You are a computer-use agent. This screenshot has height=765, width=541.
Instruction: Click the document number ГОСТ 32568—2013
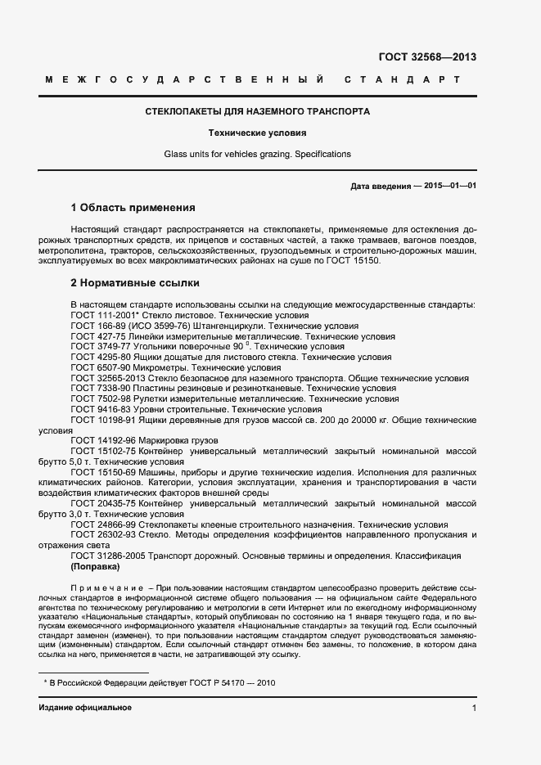coord(426,57)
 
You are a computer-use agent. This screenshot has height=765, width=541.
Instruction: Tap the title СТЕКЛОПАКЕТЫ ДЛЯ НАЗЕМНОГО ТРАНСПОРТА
coord(257,110)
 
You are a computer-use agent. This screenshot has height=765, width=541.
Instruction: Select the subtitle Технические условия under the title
coord(257,132)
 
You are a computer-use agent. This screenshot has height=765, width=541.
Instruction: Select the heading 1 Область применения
coord(133,208)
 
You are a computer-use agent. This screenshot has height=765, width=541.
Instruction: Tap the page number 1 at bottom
coord(474,707)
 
